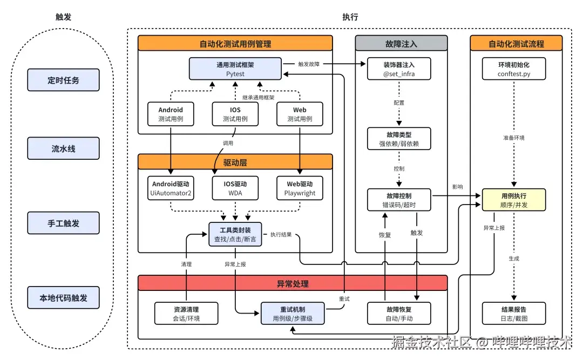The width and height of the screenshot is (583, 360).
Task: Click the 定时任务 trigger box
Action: tap(63, 80)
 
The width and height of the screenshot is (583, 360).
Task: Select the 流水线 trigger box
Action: tap(63, 148)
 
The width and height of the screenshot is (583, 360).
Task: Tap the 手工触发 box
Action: tap(63, 223)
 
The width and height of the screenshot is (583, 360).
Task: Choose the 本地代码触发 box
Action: tap(63, 297)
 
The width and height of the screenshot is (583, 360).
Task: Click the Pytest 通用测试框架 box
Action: tap(235, 69)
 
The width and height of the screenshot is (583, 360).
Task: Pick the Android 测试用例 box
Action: tap(171, 114)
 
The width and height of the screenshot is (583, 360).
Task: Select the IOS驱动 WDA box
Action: tap(235, 188)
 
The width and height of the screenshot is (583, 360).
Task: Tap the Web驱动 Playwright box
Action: tap(300, 188)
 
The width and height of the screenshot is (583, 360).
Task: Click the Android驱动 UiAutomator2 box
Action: tap(171, 188)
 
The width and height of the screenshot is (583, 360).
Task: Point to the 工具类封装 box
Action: tap(235, 234)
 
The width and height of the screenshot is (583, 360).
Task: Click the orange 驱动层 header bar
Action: tap(235, 162)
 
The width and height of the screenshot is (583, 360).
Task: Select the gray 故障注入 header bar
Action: tap(401, 44)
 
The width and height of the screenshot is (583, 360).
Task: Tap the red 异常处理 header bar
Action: tap(293, 283)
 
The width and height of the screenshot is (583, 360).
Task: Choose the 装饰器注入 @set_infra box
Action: tap(399, 69)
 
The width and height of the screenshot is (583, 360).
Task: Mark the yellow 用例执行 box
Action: tap(514, 200)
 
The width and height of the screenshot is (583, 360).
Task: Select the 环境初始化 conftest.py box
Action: tap(514, 69)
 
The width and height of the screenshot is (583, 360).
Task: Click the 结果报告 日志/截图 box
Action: tap(514, 314)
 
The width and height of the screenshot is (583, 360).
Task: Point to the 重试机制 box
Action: tap(293, 314)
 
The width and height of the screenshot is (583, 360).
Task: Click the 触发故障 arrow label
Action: tap(309, 64)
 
